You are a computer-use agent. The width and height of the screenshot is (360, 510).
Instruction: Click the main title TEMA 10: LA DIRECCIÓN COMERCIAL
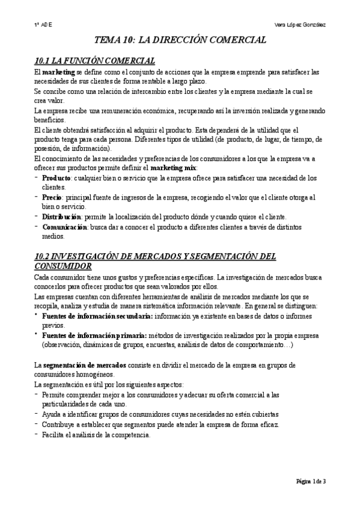180,41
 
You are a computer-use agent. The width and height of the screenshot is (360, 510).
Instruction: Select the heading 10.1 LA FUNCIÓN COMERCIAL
94,61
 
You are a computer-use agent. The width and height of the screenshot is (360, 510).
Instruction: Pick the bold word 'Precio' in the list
53,197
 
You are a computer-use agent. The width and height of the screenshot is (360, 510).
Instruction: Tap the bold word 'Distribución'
61,217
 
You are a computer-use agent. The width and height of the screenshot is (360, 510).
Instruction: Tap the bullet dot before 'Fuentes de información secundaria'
36,315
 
